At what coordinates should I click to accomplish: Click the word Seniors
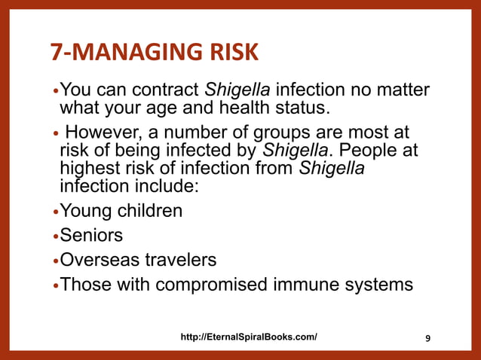coord(91,236)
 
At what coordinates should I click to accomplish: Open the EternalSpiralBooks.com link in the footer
coord(249,337)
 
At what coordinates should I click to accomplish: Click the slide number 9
coord(428,337)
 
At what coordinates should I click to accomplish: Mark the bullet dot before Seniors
coord(55,237)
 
